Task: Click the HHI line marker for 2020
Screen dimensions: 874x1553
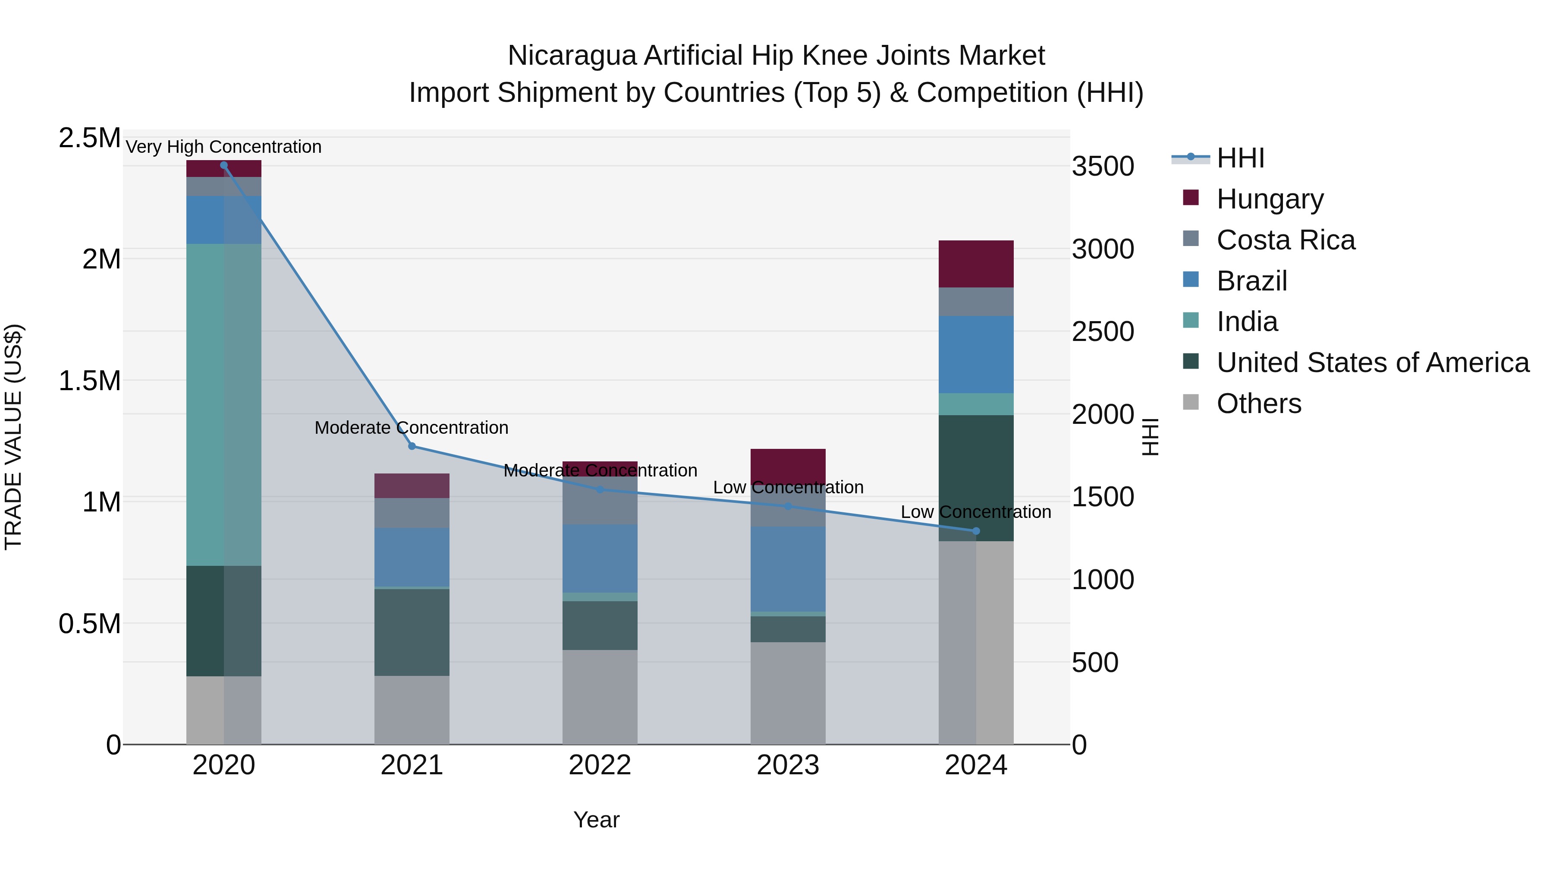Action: [223, 165]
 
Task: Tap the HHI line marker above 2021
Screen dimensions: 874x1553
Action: [412, 446]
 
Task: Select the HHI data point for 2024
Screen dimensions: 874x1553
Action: [976, 531]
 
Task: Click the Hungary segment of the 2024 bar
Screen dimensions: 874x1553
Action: [976, 264]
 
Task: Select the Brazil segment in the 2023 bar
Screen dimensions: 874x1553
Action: [788, 569]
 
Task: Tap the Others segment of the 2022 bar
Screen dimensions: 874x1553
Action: [600, 697]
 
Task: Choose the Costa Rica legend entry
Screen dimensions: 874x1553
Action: [1286, 240]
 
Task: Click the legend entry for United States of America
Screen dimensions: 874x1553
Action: [1372, 363]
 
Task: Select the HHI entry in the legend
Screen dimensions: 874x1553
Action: [1240, 158]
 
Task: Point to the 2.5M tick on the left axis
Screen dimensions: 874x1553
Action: [89, 138]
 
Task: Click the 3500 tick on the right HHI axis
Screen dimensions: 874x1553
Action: [1103, 167]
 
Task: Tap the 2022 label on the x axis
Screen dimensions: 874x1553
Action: [600, 765]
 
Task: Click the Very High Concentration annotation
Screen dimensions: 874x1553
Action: [223, 147]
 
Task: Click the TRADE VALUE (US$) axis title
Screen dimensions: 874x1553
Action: [13, 437]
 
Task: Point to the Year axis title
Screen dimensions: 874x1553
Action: [596, 820]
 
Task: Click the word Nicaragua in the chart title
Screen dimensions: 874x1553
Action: [572, 56]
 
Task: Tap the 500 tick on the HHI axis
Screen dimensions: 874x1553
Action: [1095, 662]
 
